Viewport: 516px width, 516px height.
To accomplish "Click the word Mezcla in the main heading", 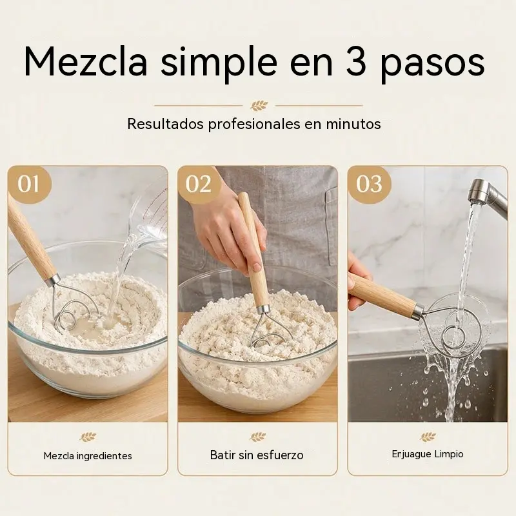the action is coord(86,63).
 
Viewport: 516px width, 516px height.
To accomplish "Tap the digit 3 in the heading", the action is coord(356,62).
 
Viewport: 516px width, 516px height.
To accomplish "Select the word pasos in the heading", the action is coord(432,66).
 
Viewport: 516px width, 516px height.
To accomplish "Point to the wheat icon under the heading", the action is coord(259,106).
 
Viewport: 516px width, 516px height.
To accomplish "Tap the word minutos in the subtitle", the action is coord(353,124).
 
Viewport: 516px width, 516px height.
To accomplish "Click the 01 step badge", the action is coord(29,184).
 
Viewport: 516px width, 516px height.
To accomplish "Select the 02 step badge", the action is coord(198,184).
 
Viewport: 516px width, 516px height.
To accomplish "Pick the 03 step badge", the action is coord(369,184).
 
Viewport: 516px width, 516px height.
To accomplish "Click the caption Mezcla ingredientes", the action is coord(88,456).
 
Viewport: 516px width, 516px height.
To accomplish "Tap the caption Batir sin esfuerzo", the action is coord(257,455).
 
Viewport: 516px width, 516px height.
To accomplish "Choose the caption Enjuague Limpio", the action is coord(428,455).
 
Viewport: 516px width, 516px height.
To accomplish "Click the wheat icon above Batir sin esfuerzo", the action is coord(257,437).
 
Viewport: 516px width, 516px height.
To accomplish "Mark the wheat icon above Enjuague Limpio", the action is coord(428,437).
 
